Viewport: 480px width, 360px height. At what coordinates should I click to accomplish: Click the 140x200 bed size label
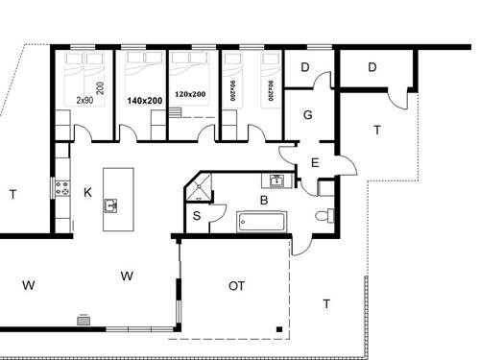pyautogui.click(x=145, y=101)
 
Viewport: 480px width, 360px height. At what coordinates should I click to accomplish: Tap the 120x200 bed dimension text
pyautogui.click(x=190, y=94)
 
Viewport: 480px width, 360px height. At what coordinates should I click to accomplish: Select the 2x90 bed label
pyautogui.click(x=84, y=100)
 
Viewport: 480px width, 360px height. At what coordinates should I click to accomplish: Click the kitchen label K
pyautogui.click(x=87, y=193)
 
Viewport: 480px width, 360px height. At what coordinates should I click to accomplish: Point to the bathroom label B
pyautogui.click(x=264, y=201)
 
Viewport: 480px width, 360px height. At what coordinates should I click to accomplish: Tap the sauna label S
pyautogui.click(x=197, y=216)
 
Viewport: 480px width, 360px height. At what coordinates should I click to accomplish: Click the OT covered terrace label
pyautogui.click(x=237, y=286)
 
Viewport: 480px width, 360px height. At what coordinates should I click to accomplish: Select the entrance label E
pyautogui.click(x=315, y=163)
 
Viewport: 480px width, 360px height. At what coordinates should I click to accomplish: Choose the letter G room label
pyautogui.click(x=307, y=114)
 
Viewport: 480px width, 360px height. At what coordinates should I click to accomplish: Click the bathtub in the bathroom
pyautogui.click(x=261, y=222)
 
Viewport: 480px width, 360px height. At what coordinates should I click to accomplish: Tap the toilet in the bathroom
pyautogui.click(x=324, y=216)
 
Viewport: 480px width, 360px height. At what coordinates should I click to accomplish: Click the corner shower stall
pyautogui.click(x=199, y=187)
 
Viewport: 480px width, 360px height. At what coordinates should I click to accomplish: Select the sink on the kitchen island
pyautogui.click(x=110, y=205)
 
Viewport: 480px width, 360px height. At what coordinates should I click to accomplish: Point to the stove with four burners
pyautogui.click(x=62, y=188)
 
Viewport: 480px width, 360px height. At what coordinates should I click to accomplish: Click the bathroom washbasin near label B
pyautogui.click(x=276, y=180)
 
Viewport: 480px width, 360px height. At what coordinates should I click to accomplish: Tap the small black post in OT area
pyautogui.click(x=279, y=329)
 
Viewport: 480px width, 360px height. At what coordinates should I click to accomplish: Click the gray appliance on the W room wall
pyautogui.click(x=84, y=320)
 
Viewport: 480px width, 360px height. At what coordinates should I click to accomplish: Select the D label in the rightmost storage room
pyautogui.click(x=372, y=67)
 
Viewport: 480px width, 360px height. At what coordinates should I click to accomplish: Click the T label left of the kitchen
pyautogui.click(x=12, y=194)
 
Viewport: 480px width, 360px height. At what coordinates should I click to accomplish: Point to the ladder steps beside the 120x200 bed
pyautogui.click(x=175, y=112)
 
